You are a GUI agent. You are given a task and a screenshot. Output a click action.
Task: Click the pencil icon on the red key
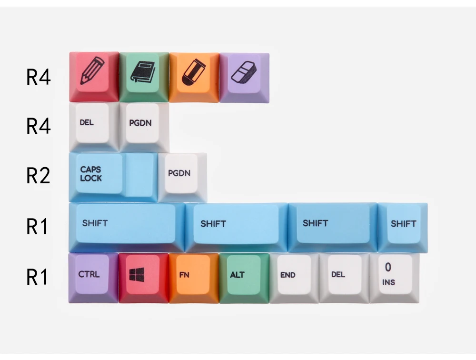(92, 70)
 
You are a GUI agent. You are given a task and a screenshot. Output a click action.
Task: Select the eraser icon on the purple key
(243, 72)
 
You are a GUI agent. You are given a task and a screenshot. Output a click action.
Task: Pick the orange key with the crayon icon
(194, 77)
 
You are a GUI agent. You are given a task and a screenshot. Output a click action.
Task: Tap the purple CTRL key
(93, 278)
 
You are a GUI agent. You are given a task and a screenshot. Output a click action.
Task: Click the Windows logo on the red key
(137, 275)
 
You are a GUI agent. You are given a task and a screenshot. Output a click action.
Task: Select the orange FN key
(194, 278)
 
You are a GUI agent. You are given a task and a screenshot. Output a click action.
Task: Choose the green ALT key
(244, 278)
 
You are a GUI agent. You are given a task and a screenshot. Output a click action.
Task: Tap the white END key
(294, 278)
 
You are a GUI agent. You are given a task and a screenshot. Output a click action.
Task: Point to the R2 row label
(38, 176)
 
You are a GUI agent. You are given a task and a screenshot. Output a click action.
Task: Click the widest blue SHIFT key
(127, 227)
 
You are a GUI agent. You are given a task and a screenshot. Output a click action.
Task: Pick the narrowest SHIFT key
(403, 228)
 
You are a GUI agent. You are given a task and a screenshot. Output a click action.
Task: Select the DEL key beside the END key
(344, 278)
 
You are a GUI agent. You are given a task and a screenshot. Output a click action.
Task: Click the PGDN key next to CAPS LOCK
(182, 178)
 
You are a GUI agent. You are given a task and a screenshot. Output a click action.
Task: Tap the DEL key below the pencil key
(94, 127)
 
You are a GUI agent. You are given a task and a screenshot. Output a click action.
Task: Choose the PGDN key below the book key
(144, 127)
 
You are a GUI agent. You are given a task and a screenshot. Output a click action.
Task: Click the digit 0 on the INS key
(388, 267)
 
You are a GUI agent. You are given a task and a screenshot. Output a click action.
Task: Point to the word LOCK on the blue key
(91, 178)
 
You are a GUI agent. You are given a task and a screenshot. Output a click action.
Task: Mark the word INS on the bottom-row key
(388, 282)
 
